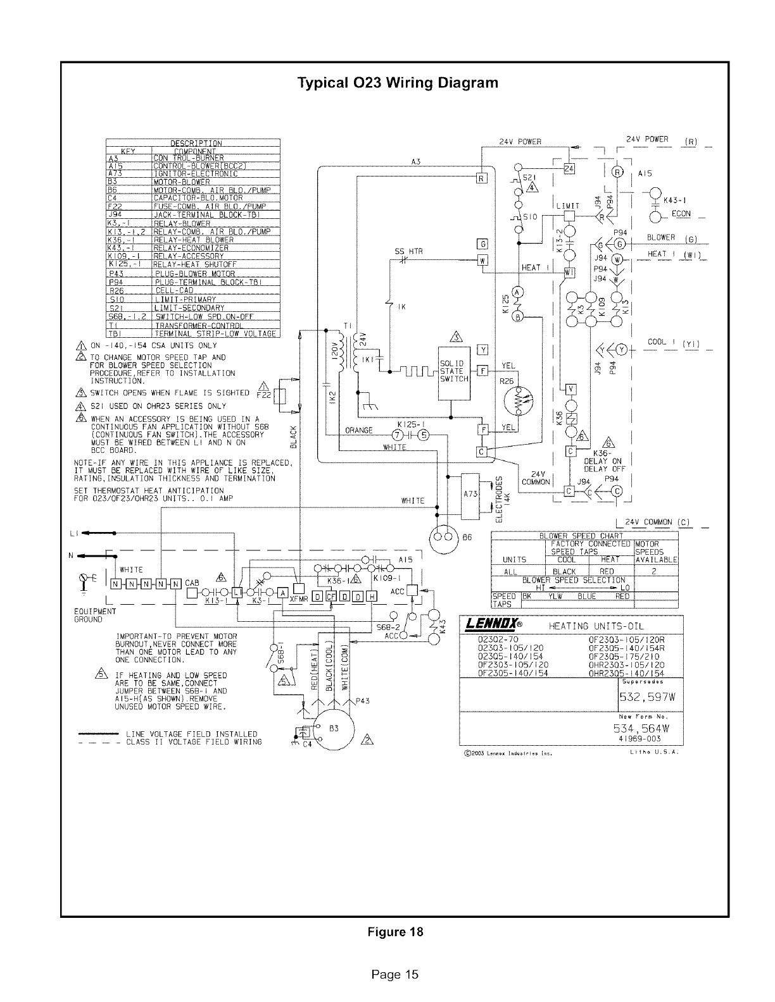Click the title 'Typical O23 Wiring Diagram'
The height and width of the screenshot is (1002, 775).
click(x=398, y=83)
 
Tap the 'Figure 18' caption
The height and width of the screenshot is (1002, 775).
click(x=397, y=932)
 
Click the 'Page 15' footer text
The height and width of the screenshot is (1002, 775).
click(x=395, y=974)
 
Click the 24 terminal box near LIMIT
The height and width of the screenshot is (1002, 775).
click(x=569, y=169)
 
